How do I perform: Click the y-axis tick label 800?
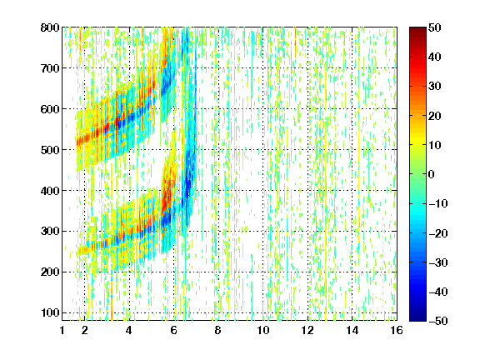pos(50,27)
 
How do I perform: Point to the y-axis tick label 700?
pos(50,68)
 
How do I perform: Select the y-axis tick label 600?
pos(50,109)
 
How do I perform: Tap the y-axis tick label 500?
pos(50,150)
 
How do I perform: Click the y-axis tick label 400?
pos(50,191)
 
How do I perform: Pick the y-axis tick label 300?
pos(50,232)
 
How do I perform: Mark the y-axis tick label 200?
pos(50,272)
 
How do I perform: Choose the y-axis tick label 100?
pos(50,312)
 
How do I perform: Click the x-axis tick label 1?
pos(62,330)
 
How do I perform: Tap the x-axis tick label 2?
pos(85,330)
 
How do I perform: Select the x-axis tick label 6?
pos(174,330)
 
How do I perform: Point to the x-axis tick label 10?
pos(263,330)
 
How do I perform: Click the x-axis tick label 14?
pos(352,330)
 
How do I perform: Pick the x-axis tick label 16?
pos(397,330)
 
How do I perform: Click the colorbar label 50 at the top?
pos(434,27)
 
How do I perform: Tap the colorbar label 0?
pos(431,174)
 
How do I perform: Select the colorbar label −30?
pos(438,262)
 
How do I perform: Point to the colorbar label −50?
pos(438,321)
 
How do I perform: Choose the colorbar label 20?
pos(434,116)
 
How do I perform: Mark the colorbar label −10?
pos(438,203)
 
